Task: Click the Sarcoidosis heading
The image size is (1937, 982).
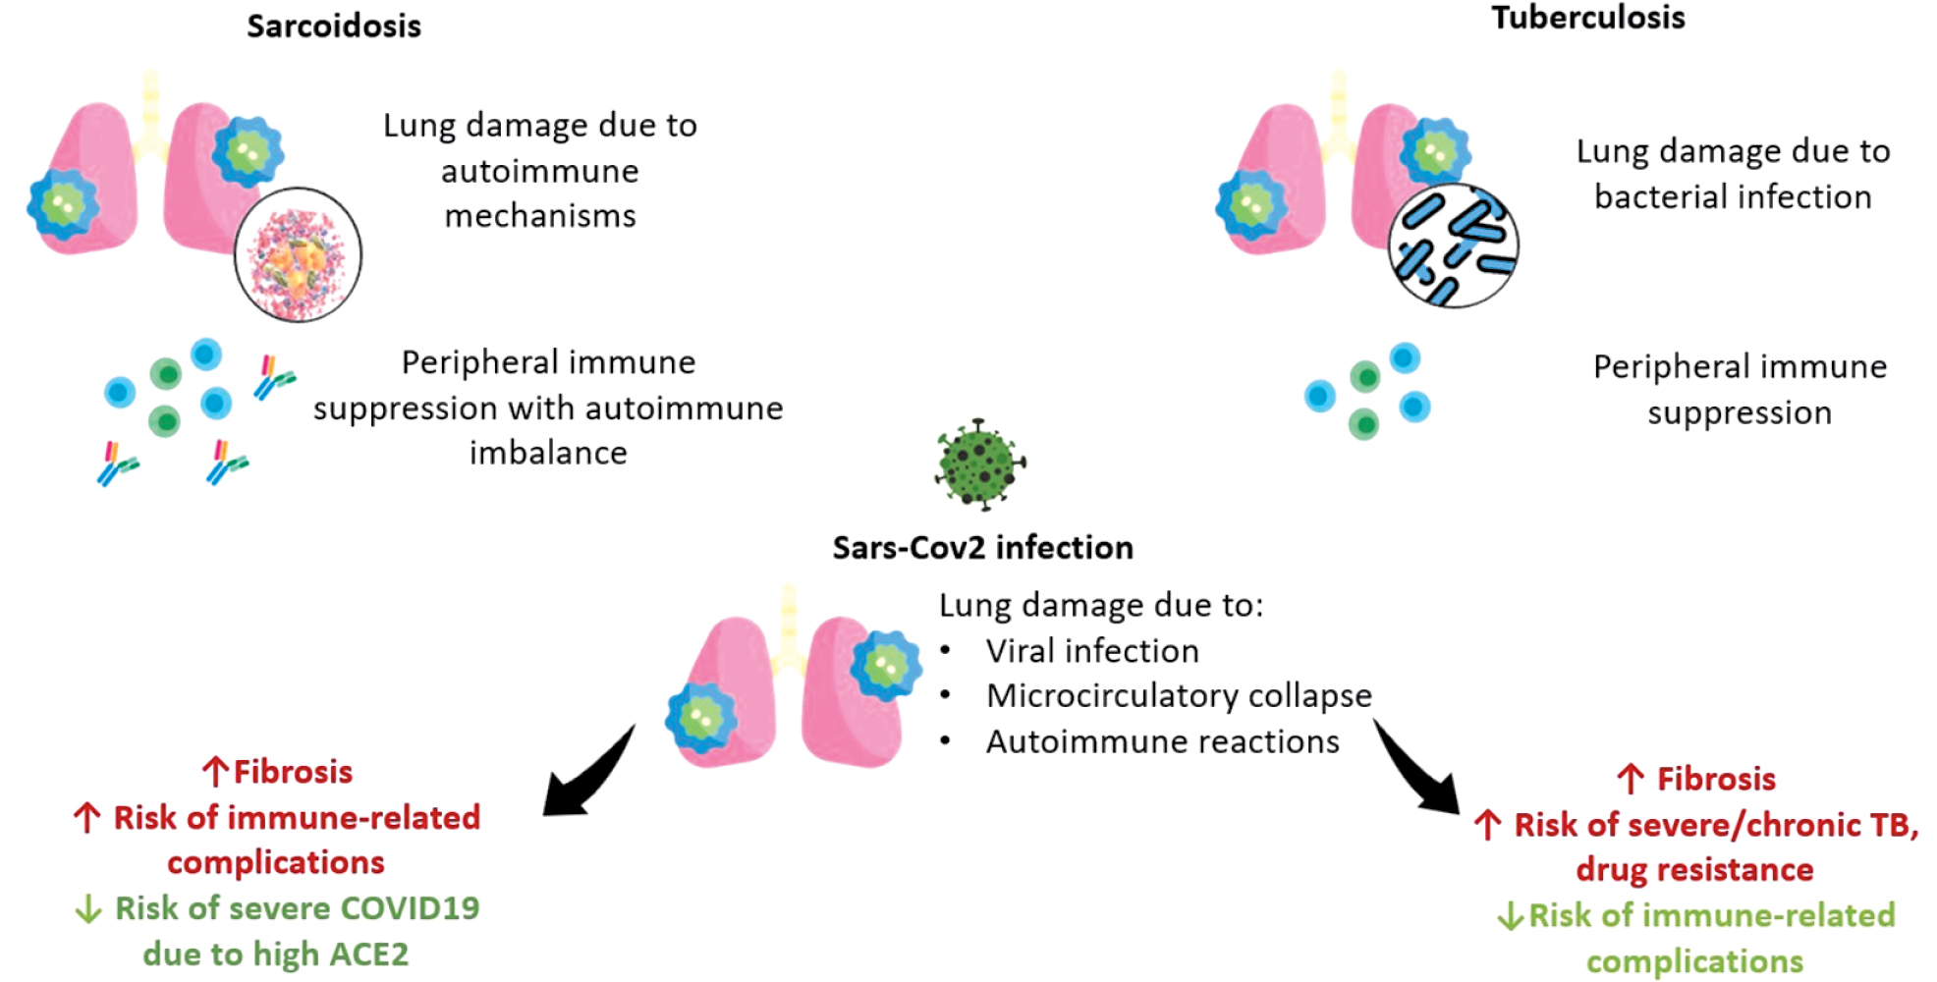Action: point(334,26)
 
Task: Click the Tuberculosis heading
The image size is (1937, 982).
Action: point(1587,18)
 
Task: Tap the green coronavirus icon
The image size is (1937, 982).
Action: point(979,464)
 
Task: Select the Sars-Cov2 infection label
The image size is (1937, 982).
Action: point(982,547)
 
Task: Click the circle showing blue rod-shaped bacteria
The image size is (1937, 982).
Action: point(1453,245)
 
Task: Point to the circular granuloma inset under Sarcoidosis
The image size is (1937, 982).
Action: point(298,254)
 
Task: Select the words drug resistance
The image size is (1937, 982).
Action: point(1694,869)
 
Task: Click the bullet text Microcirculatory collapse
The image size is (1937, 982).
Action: point(1179,695)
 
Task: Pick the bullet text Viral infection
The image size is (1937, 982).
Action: point(1092,650)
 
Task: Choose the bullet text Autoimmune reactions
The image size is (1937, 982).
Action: point(1162,741)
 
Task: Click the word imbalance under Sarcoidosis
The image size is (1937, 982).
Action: point(548,453)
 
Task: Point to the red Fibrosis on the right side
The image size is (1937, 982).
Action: point(1715,779)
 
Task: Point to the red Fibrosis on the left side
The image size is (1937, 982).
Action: point(293,772)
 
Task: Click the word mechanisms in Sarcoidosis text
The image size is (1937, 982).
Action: point(540,215)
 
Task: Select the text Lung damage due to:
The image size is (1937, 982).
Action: point(1100,605)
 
